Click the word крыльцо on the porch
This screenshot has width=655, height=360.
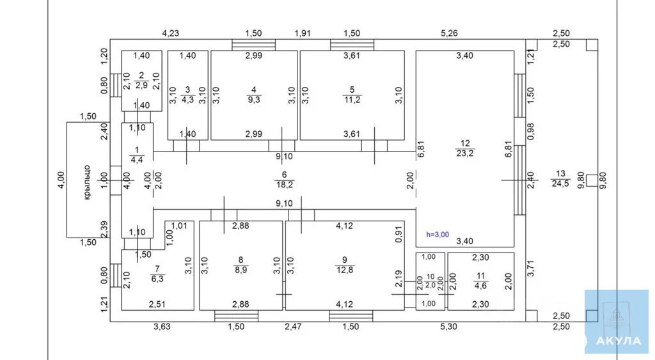click(x=87, y=182)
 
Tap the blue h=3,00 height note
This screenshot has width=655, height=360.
click(x=438, y=235)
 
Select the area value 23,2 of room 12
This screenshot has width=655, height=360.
click(x=465, y=153)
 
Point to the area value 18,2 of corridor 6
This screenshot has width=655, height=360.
click(x=284, y=185)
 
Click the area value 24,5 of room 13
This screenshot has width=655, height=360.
click(x=560, y=184)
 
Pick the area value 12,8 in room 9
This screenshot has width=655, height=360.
click(x=345, y=270)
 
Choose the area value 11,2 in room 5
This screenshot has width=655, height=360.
click(x=352, y=99)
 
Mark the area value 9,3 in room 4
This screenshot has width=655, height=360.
click(x=254, y=99)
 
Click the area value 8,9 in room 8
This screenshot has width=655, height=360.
click(x=241, y=270)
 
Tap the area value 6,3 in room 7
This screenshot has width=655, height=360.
click(x=157, y=279)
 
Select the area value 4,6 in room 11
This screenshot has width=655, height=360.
click(x=481, y=286)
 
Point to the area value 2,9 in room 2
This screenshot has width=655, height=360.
click(x=141, y=85)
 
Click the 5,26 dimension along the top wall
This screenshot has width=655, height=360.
click(x=450, y=33)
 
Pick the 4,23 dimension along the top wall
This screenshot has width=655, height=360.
click(x=170, y=33)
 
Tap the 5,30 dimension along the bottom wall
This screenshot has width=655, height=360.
click(x=448, y=327)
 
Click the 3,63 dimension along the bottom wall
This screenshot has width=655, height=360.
click(x=162, y=327)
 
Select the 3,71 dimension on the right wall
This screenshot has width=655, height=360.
click(x=530, y=268)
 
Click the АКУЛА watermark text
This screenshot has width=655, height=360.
click(x=619, y=341)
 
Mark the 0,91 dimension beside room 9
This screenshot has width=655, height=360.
click(x=399, y=234)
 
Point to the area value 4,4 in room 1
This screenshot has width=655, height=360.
click(x=137, y=160)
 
